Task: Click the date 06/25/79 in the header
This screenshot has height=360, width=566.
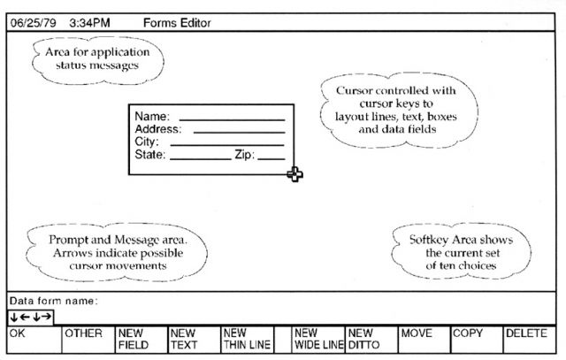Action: [34, 23]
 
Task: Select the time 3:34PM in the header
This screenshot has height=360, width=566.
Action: [89, 23]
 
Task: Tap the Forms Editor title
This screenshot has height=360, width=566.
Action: [177, 23]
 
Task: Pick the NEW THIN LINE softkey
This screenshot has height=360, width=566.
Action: [248, 340]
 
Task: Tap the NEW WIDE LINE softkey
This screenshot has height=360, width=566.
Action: [318, 340]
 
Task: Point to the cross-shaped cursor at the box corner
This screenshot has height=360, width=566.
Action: [294, 174]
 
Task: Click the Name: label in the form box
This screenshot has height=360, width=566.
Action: [152, 116]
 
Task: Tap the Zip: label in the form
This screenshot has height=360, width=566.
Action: [245, 155]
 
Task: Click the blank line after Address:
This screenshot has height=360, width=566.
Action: [240, 133]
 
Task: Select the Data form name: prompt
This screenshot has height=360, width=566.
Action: [53, 301]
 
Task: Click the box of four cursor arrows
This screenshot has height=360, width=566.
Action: [31, 318]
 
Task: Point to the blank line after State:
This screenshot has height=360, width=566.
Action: [201, 158]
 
